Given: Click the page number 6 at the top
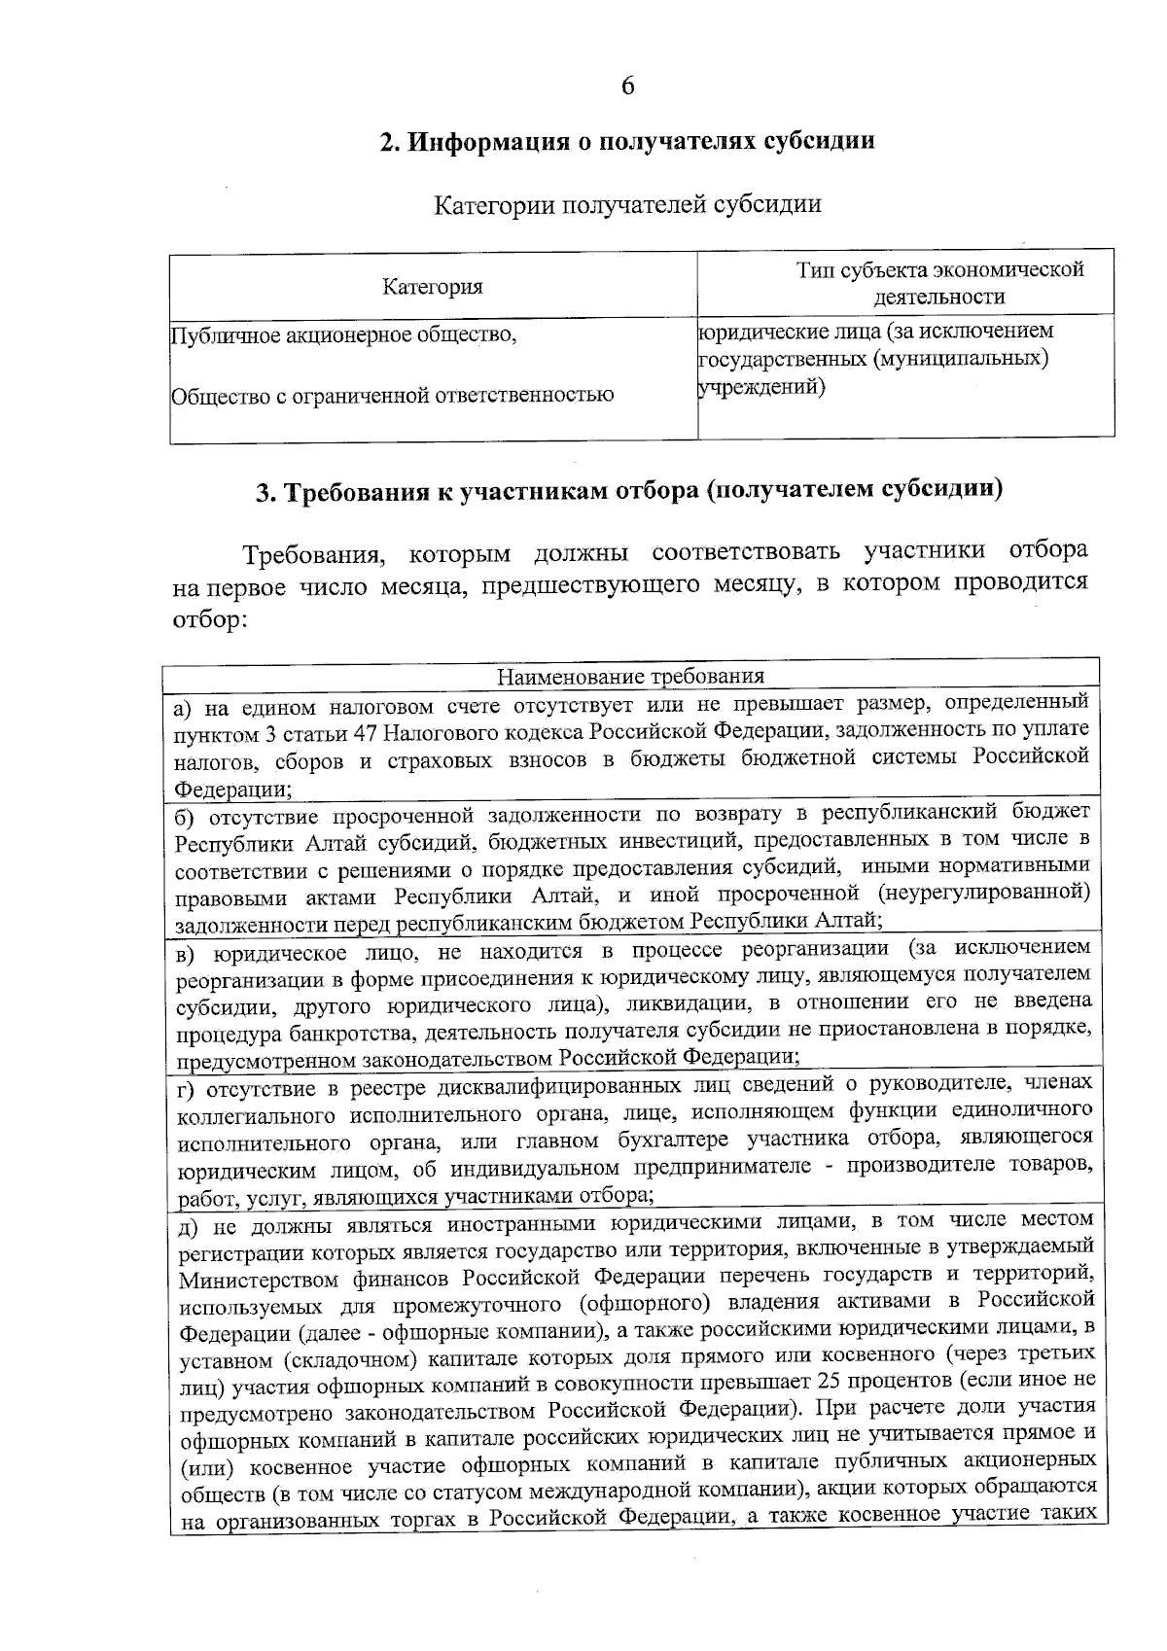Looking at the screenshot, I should click(x=627, y=87).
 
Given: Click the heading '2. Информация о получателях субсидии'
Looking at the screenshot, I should click(x=626, y=142).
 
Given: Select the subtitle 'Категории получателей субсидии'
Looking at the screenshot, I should click(x=626, y=205).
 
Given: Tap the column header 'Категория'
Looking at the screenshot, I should click(x=433, y=287).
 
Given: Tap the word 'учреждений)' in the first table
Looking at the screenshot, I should click(x=761, y=387).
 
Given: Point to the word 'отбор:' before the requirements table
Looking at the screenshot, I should click(x=205, y=619).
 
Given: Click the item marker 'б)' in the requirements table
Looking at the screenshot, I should click(x=188, y=813).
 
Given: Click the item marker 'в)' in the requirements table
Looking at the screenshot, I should click(x=188, y=950).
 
